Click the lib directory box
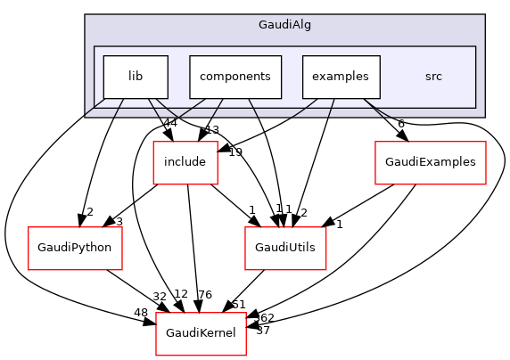(x=136, y=77)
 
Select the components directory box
(x=235, y=77)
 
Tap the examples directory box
(x=341, y=77)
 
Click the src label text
(x=433, y=77)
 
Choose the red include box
(x=186, y=162)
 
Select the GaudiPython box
(x=74, y=245)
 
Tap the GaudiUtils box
(x=286, y=245)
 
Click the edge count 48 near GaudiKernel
(x=141, y=313)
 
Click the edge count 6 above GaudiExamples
(x=401, y=124)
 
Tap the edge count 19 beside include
(x=235, y=151)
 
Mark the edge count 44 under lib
(x=169, y=123)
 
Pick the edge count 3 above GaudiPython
(x=118, y=221)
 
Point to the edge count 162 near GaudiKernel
(x=264, y=316)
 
